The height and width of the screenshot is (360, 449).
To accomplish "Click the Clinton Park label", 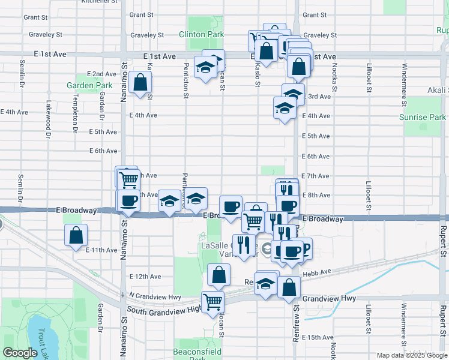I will tap(201, 35).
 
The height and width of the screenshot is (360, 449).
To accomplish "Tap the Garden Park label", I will tap(89, 85).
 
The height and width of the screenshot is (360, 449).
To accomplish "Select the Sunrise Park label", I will tap(422, 117).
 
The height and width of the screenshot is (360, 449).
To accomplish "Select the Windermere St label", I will tap(405, 81).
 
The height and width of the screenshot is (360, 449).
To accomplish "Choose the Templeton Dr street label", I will tap(76, 113).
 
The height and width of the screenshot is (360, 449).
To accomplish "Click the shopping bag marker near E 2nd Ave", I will tap(140, 83).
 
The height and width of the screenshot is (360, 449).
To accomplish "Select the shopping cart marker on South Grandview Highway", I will tap(212, 302).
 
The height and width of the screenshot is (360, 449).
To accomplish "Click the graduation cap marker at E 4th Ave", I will tap(285, 109).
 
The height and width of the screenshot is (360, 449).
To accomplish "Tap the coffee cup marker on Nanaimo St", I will tap(128, 200).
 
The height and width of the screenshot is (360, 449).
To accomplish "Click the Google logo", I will tap(20, 353).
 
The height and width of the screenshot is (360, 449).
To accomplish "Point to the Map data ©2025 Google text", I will tap(411, 355).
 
